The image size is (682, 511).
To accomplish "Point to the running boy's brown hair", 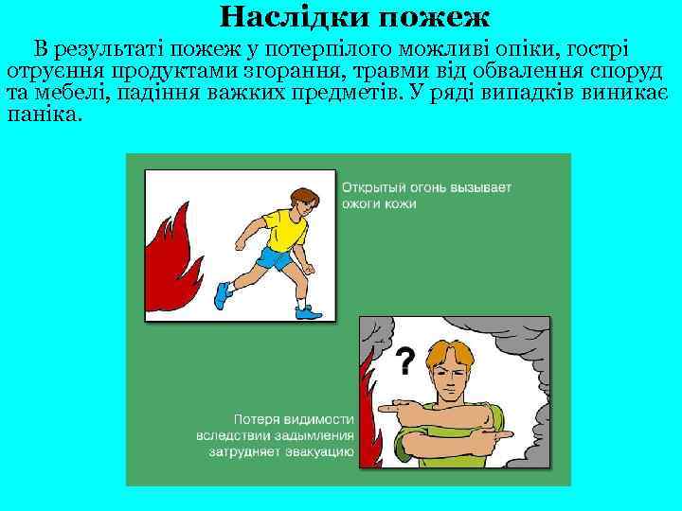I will click(303, 194).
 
